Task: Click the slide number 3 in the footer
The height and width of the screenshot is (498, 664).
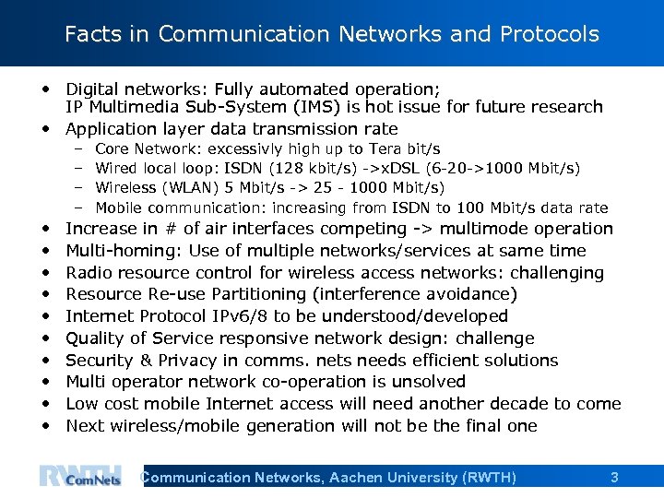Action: (x=614, y=477)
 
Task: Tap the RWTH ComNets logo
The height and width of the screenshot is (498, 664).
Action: (x=79, y=476)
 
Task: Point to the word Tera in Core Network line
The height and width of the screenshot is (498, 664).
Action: (x=386, y=148)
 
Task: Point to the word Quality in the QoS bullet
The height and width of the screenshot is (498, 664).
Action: (x=97, y=338)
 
